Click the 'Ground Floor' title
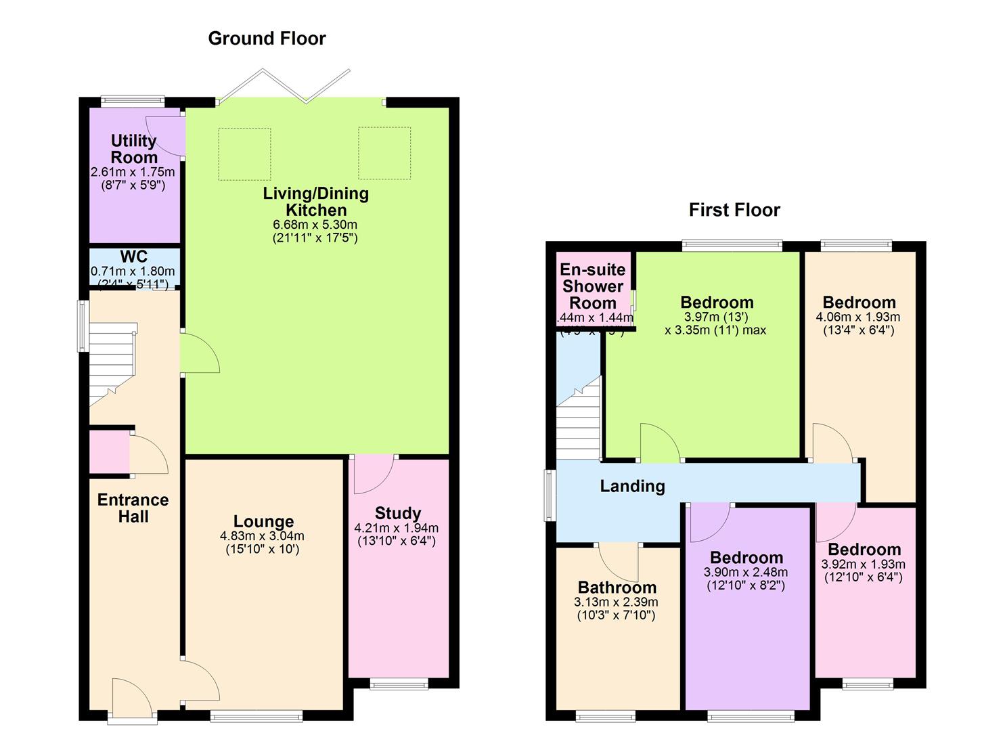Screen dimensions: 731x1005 (267, 39)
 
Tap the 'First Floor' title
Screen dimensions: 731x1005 (734, 210)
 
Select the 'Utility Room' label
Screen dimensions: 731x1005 (134, 149)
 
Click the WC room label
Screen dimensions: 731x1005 (133, 257)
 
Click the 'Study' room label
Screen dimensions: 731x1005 (397, 513)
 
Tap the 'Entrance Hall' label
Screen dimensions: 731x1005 (133, 508)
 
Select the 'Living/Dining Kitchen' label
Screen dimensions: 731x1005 (316, 202)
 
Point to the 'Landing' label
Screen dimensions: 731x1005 (632, 486)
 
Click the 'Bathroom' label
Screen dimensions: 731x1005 (617, 588)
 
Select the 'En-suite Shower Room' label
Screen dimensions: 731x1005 (593, 286)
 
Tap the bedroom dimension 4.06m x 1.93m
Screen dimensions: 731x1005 (858, 317)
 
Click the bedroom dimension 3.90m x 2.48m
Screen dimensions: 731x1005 (746, 572)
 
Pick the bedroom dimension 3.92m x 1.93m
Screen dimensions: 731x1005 (863, 564)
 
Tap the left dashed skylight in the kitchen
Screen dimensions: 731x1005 (244, 154)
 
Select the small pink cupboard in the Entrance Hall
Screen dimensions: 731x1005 (109, 453)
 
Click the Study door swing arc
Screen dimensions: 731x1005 (371, 474)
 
